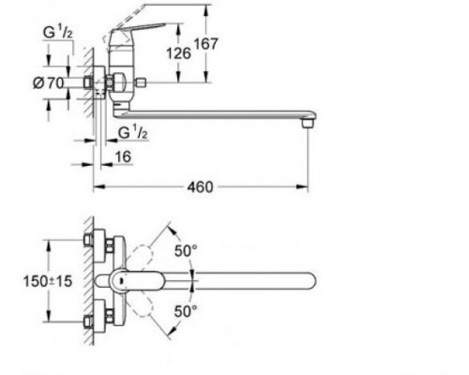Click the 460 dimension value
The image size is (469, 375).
tap(200, 187)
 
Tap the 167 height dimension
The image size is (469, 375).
tap(205, 44)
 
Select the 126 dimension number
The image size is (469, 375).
tap(178, 53)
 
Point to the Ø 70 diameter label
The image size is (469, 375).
tap(49, 83)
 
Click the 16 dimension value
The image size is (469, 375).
tap(123, 157)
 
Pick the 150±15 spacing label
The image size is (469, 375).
tap(48, 281)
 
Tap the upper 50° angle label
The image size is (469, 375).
tap(186, 250)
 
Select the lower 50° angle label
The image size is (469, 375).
tap(186, 311)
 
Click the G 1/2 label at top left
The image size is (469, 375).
tap(58, 33)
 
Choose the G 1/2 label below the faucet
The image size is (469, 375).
tap(132, 133)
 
